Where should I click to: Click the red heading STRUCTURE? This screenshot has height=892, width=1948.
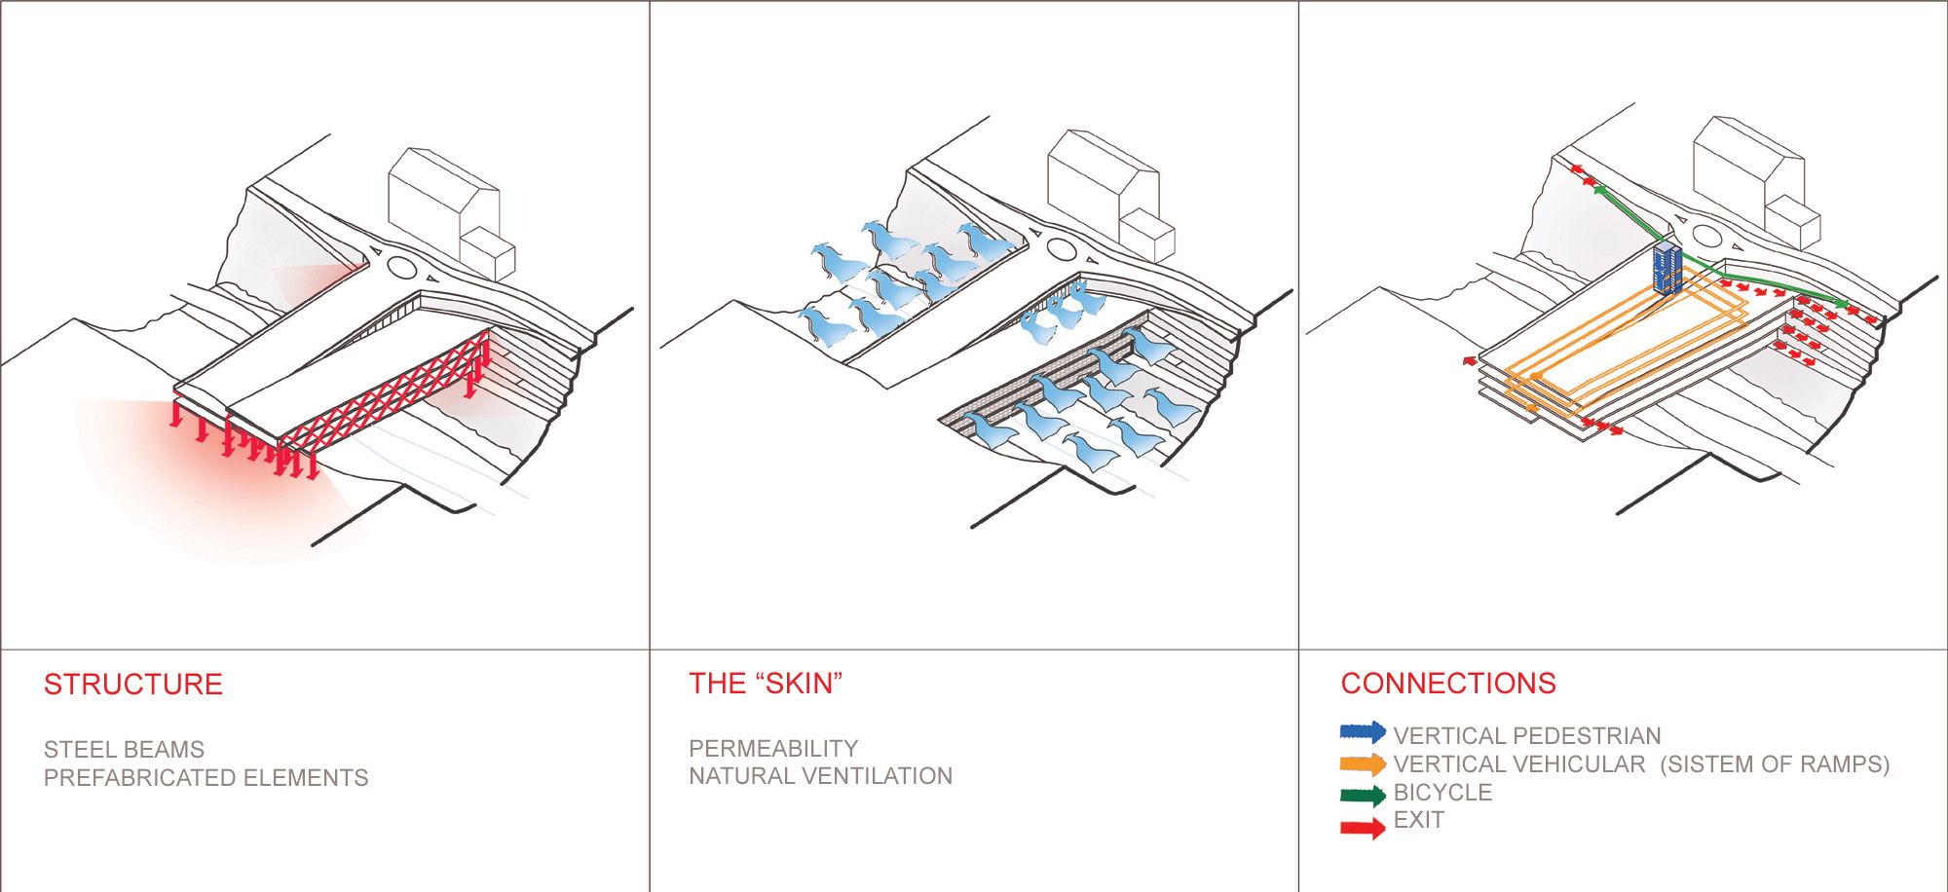click(x=132, y=684)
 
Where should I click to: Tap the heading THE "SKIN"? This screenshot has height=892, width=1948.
click(x=765, y=683)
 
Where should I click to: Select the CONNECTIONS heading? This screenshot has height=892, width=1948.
click(x=1447, y=683)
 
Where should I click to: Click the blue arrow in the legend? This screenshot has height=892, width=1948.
click(x=1363, y=731)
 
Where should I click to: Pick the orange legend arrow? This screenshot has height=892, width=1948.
click(x=1363, y=763)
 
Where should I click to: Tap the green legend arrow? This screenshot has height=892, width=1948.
click(x=1363, y=796)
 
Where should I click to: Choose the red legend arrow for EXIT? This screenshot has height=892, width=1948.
click(x=1363, y=828)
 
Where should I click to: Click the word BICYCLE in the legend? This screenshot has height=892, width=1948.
click(x=1442, y=792)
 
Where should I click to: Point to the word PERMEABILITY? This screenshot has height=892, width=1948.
click(x=772, y=748)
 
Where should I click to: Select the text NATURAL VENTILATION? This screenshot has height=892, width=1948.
click(x=820, y=776)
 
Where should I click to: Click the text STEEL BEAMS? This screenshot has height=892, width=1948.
click(x=124, y=749)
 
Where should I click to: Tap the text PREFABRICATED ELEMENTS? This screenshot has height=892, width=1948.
click(x=206, y=777)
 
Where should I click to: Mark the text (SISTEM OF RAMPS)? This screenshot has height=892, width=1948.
click(x=1774, y=763)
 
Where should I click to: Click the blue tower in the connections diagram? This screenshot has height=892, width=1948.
click(x=1667, y=269)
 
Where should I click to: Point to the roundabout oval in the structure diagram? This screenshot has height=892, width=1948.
click(x=401, y=266)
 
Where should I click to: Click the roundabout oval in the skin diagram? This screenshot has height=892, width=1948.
click(x=1061, y=249)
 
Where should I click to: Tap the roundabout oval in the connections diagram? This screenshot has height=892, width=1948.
click(x=1707, y=234)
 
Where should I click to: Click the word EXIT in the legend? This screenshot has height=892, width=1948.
click(x=1418, y=820)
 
